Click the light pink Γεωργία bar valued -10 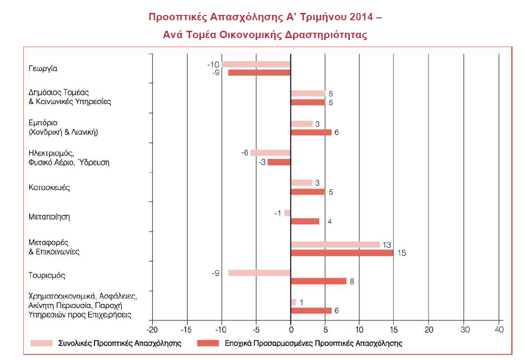tap(256, 64)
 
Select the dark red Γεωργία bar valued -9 tap(259, 72)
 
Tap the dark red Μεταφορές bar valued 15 tap(342, 253)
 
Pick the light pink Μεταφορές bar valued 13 tap(335, 244)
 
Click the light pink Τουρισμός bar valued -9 tap(259, 273)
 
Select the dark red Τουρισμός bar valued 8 tap(319, 281)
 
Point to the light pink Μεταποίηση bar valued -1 tap(287, 213)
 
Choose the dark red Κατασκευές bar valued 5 tap(308, 192)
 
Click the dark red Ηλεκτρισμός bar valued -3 tap(279, 162)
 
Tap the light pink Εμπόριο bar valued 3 tap(302, 124)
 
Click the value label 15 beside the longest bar tap(401, 253)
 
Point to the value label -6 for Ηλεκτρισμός tap(245, 153)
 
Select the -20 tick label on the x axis tap(152, 330)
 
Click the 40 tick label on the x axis tap(499, 330)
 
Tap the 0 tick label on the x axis tap(291, 330)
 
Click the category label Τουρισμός tap(47, 275)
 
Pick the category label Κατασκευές tap(49, 187)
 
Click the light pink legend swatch tap(42, 343)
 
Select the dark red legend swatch tap(208, 343)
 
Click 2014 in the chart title tap(361, 17)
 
